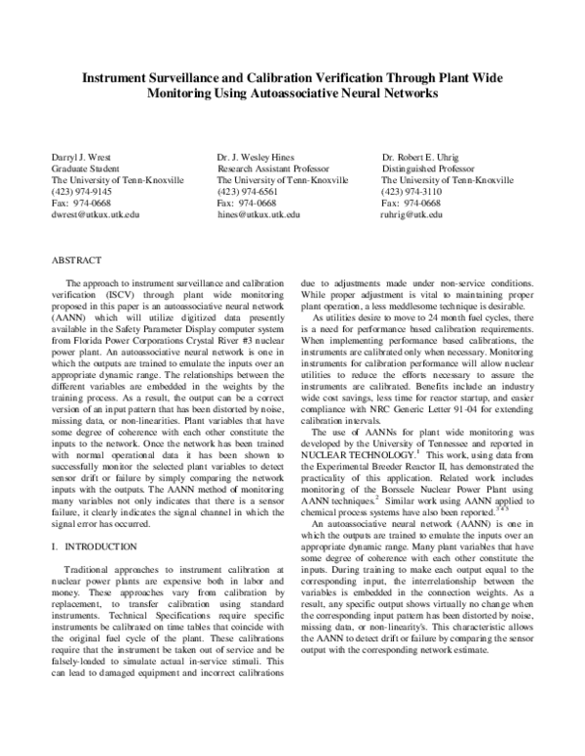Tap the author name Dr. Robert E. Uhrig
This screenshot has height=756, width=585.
pos(425,156)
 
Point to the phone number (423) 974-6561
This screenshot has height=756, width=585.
pos(246,191)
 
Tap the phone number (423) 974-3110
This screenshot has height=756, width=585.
pos(410,191)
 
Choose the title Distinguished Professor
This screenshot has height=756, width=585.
pos(425,168)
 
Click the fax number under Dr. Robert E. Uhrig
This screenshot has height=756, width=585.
pos(410,203)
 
